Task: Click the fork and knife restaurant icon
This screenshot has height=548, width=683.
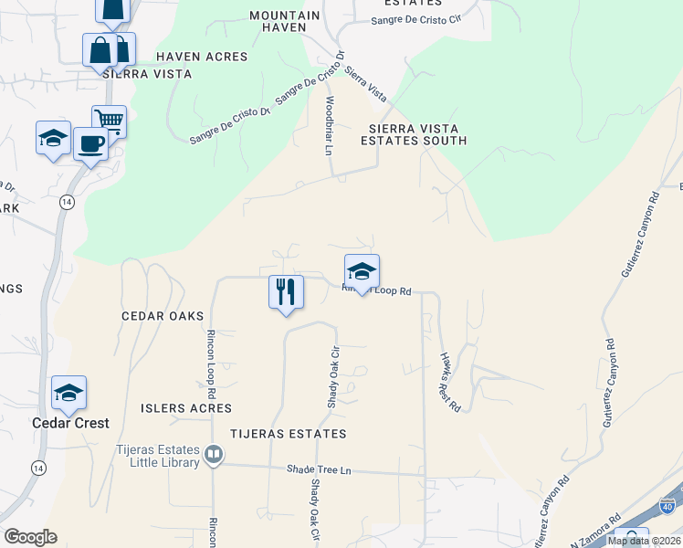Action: click(x=286, y=292)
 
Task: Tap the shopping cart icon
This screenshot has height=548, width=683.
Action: click(x=109, y=120)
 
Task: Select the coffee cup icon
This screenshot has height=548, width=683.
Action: click(x=89, y=144)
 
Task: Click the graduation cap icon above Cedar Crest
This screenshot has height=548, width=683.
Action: click(x=68, y=393)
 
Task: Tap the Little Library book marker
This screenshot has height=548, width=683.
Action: click(x=214, y=454)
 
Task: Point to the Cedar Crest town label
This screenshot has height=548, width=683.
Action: click(x=70, y=423)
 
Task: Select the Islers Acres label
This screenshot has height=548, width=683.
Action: click(x=186, y=408)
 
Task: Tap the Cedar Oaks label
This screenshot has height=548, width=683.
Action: click(x=161, y=315)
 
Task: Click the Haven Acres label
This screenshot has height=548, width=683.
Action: click(x=202, y=57)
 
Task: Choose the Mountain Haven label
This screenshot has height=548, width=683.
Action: click(x=285, y=22)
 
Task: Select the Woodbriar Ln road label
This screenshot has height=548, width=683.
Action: click(x=330, y=125)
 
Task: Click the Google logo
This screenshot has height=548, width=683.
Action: click(x=30, y=537)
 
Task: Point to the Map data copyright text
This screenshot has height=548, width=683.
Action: click(x=644, y=541)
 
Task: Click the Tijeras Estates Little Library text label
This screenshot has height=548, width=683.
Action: click(x=157, y=456)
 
